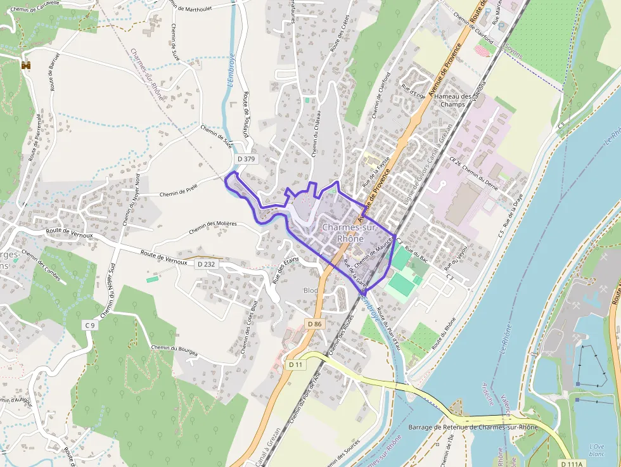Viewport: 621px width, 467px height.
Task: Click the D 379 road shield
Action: click(245, 159)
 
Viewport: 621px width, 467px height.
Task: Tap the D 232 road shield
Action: click(207, 264)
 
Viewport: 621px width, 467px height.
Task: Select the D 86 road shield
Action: click(315, 324)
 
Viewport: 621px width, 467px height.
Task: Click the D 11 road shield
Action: click(296, 364)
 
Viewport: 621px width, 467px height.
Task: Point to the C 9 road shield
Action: click(89, 326)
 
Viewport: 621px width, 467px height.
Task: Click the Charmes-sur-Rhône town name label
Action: click(350, 233)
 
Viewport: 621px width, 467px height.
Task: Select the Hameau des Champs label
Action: click(453, 100)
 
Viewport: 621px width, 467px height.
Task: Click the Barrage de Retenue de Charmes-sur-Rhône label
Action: click(473, 427)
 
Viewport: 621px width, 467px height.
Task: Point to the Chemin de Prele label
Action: click(180, 192)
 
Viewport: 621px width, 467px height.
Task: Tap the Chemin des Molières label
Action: click(212, 226)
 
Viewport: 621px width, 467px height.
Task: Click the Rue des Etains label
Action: click(285, 271)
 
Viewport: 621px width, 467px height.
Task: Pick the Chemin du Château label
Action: click(314, 132)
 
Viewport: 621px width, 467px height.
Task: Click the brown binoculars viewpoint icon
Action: click(26, 65)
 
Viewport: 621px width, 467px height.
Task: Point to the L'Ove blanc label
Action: click(596, 450)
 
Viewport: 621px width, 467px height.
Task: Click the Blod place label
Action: click(311, 290)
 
